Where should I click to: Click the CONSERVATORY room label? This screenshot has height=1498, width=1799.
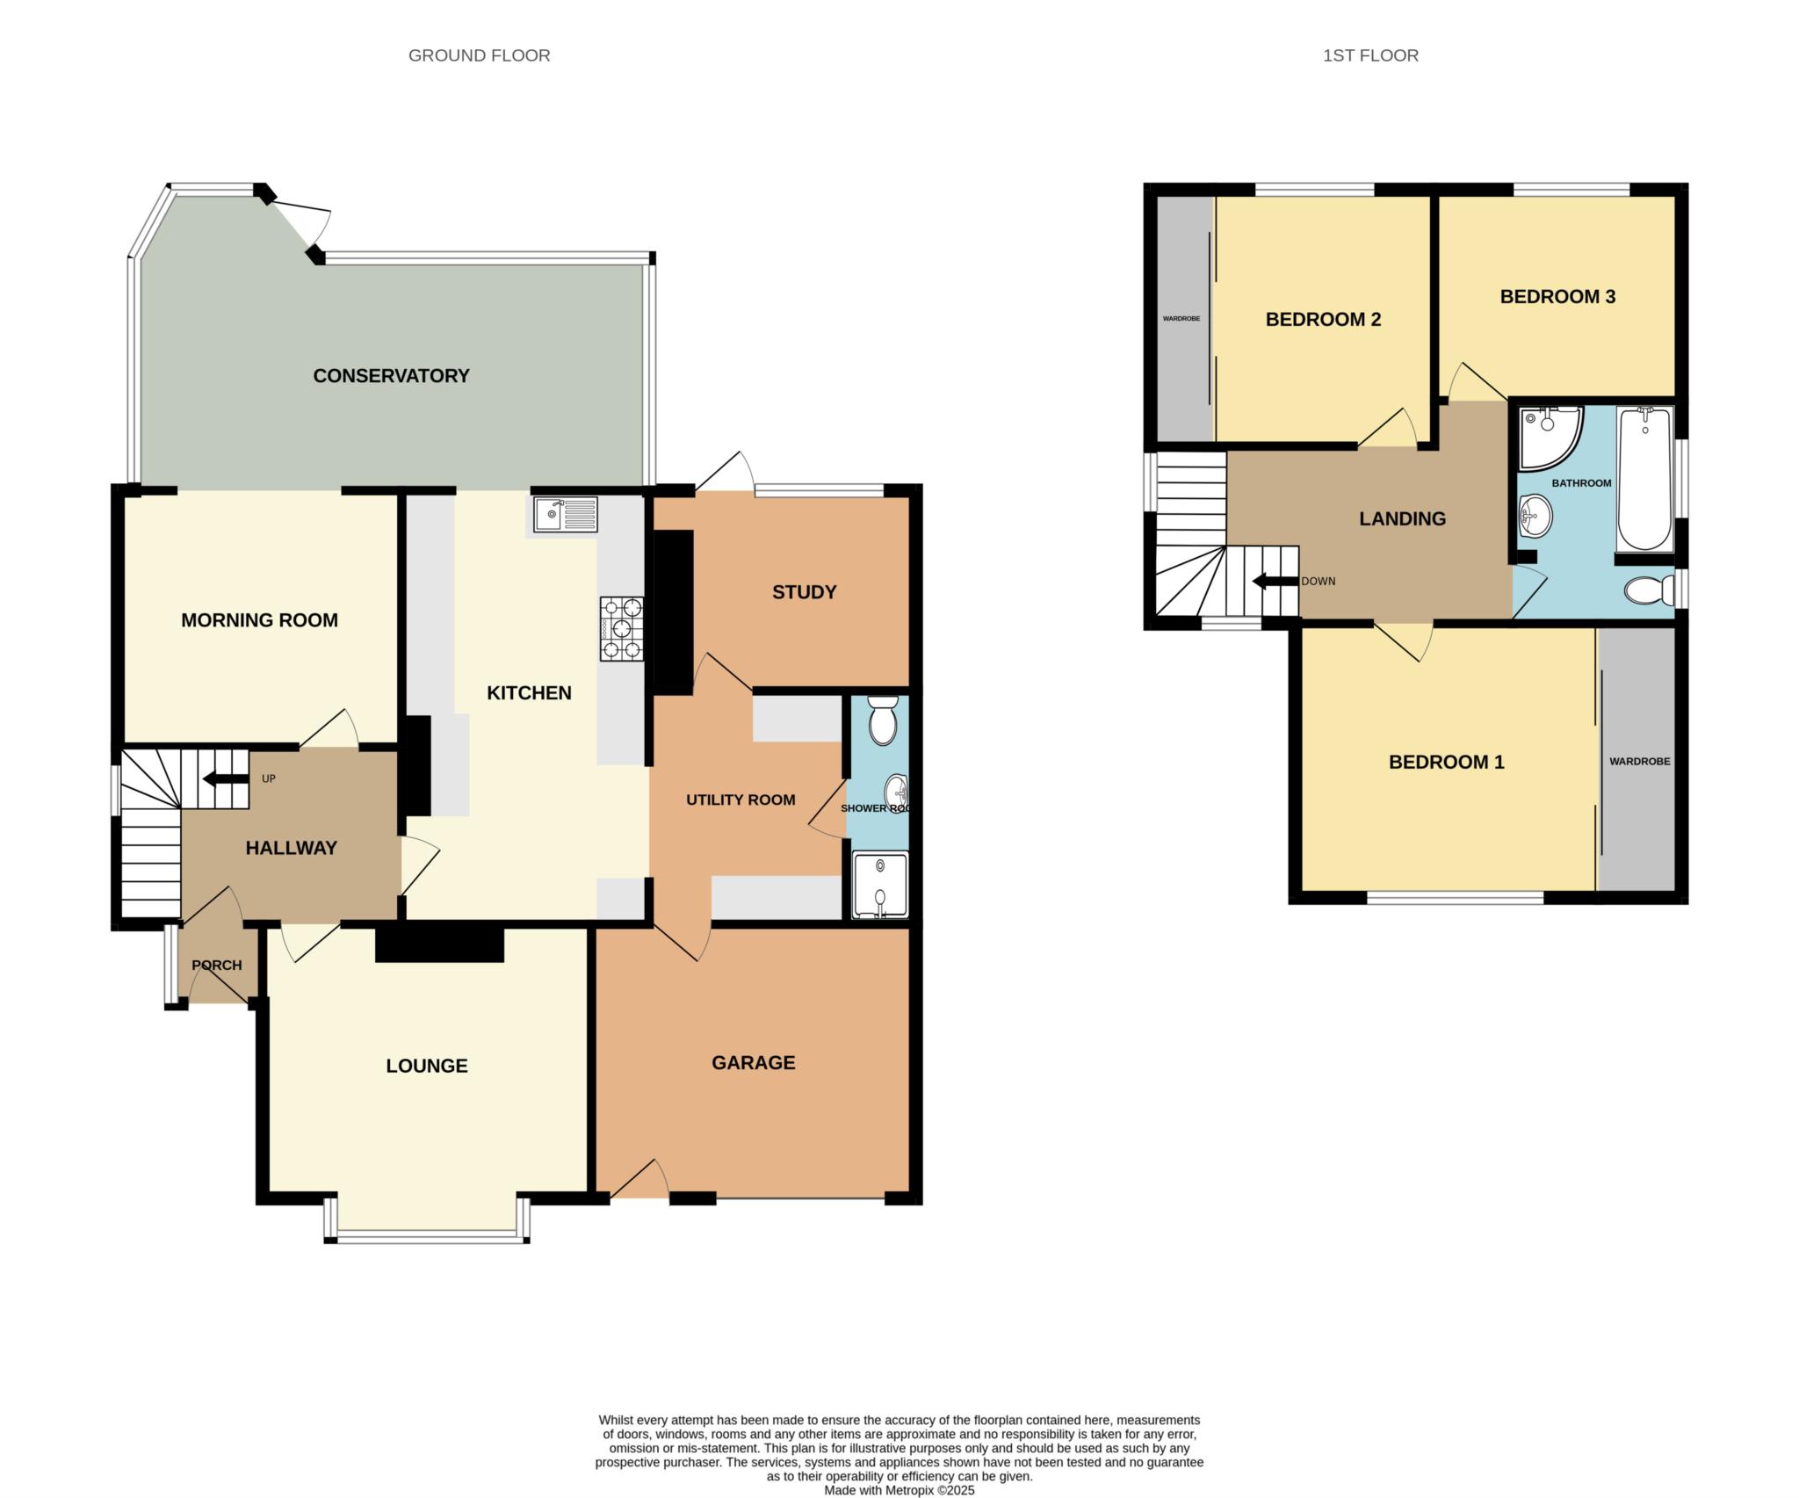391,376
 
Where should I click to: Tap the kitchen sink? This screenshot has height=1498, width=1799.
565,514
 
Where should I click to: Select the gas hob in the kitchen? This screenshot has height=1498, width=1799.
622,628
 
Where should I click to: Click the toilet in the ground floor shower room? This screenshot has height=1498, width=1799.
881,720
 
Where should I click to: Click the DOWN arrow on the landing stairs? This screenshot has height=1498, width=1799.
1275,582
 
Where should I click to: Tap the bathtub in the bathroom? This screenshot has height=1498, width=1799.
1644,480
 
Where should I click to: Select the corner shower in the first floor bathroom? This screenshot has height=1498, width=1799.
1550,437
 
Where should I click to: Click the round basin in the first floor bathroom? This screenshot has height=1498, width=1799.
1535,516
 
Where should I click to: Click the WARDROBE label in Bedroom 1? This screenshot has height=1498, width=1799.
1639,762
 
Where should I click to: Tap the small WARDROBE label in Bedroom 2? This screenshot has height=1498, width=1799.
1181,319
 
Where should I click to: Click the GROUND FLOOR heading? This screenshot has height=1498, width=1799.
480,55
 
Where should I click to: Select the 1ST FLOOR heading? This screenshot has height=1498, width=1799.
1370,55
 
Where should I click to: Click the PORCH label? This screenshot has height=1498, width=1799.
217,965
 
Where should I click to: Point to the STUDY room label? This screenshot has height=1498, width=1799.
804,592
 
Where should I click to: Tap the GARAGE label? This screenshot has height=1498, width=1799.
754,1063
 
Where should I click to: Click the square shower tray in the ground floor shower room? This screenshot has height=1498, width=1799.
880,885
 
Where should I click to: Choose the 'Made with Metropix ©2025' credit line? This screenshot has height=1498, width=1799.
899,1490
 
